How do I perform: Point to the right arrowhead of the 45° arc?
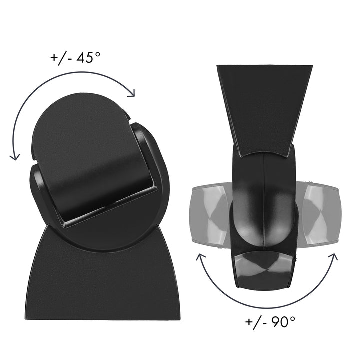tap(132, 93)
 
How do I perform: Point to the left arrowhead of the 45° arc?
tap(15, 156)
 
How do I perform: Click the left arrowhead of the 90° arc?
tap(200, 258)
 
